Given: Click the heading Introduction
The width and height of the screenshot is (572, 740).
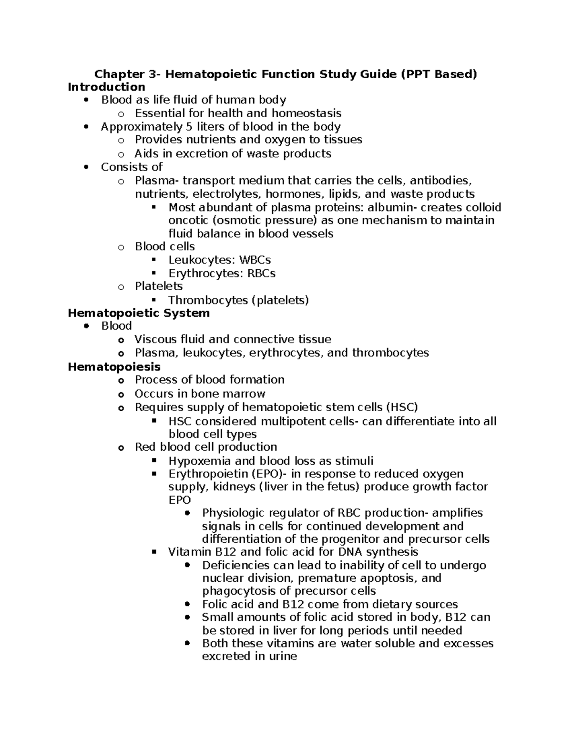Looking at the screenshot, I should (106, 87).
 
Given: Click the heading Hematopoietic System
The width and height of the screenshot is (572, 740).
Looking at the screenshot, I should (139, 313).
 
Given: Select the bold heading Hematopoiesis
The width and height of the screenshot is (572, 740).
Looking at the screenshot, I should (114, 366).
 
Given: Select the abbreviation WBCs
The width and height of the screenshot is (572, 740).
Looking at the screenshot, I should (255, 260).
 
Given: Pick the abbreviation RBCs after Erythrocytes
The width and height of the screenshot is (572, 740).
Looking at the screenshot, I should (259, 274).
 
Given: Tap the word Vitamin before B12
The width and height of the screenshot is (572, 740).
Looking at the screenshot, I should (189, 552).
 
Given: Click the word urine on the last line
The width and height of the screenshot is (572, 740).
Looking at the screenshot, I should (282, 657).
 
